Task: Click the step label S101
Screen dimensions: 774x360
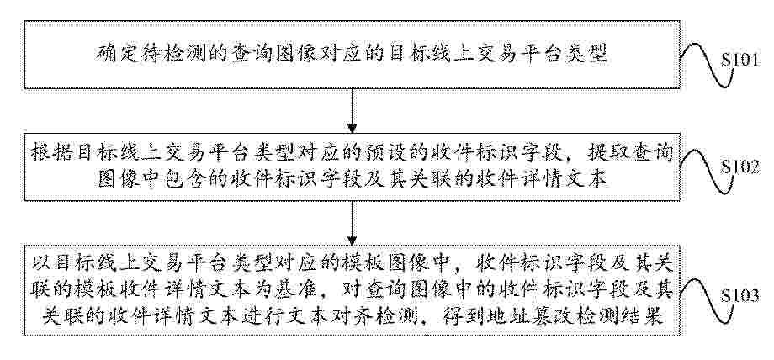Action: tap(740, 60)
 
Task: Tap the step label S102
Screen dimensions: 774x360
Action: tap(740, 167)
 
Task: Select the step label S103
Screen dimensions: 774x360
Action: tap(740, 295)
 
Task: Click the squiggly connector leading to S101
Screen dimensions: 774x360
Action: tap(705, 65)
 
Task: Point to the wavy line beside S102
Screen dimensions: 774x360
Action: tap(705, 172)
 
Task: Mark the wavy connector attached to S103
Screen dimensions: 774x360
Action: tap(705, 301)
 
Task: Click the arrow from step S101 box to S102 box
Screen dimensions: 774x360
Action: tap(352, 111)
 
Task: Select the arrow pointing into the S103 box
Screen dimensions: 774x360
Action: tap(352, 223)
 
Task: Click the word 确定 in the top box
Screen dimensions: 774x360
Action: tap(112, 53)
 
